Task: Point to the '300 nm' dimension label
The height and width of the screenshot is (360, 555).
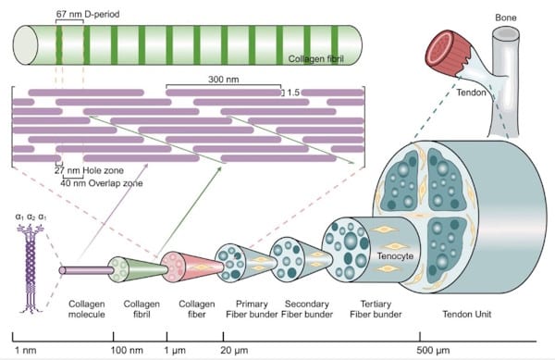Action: [x=223, y=81]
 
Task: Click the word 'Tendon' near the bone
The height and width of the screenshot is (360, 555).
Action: [x=473, y=92]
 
